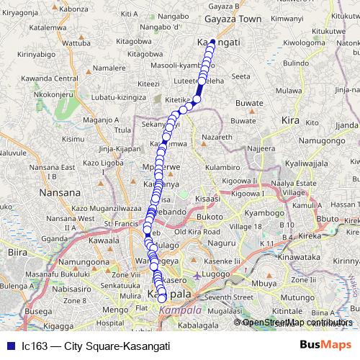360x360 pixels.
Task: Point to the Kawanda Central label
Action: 50,78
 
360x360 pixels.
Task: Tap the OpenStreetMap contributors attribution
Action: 297,322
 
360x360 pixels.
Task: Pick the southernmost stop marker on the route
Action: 162,299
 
